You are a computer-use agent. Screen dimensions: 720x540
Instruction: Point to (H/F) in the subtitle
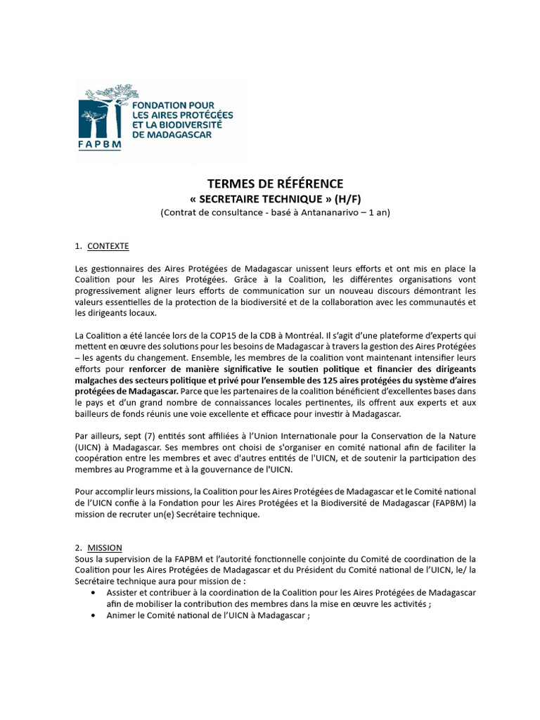[348, 199]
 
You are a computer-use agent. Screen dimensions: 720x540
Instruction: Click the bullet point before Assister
[95, 593]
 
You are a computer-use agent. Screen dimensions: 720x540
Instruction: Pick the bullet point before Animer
[95, 615]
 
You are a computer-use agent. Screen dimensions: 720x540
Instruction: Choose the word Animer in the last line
[122, 615]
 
